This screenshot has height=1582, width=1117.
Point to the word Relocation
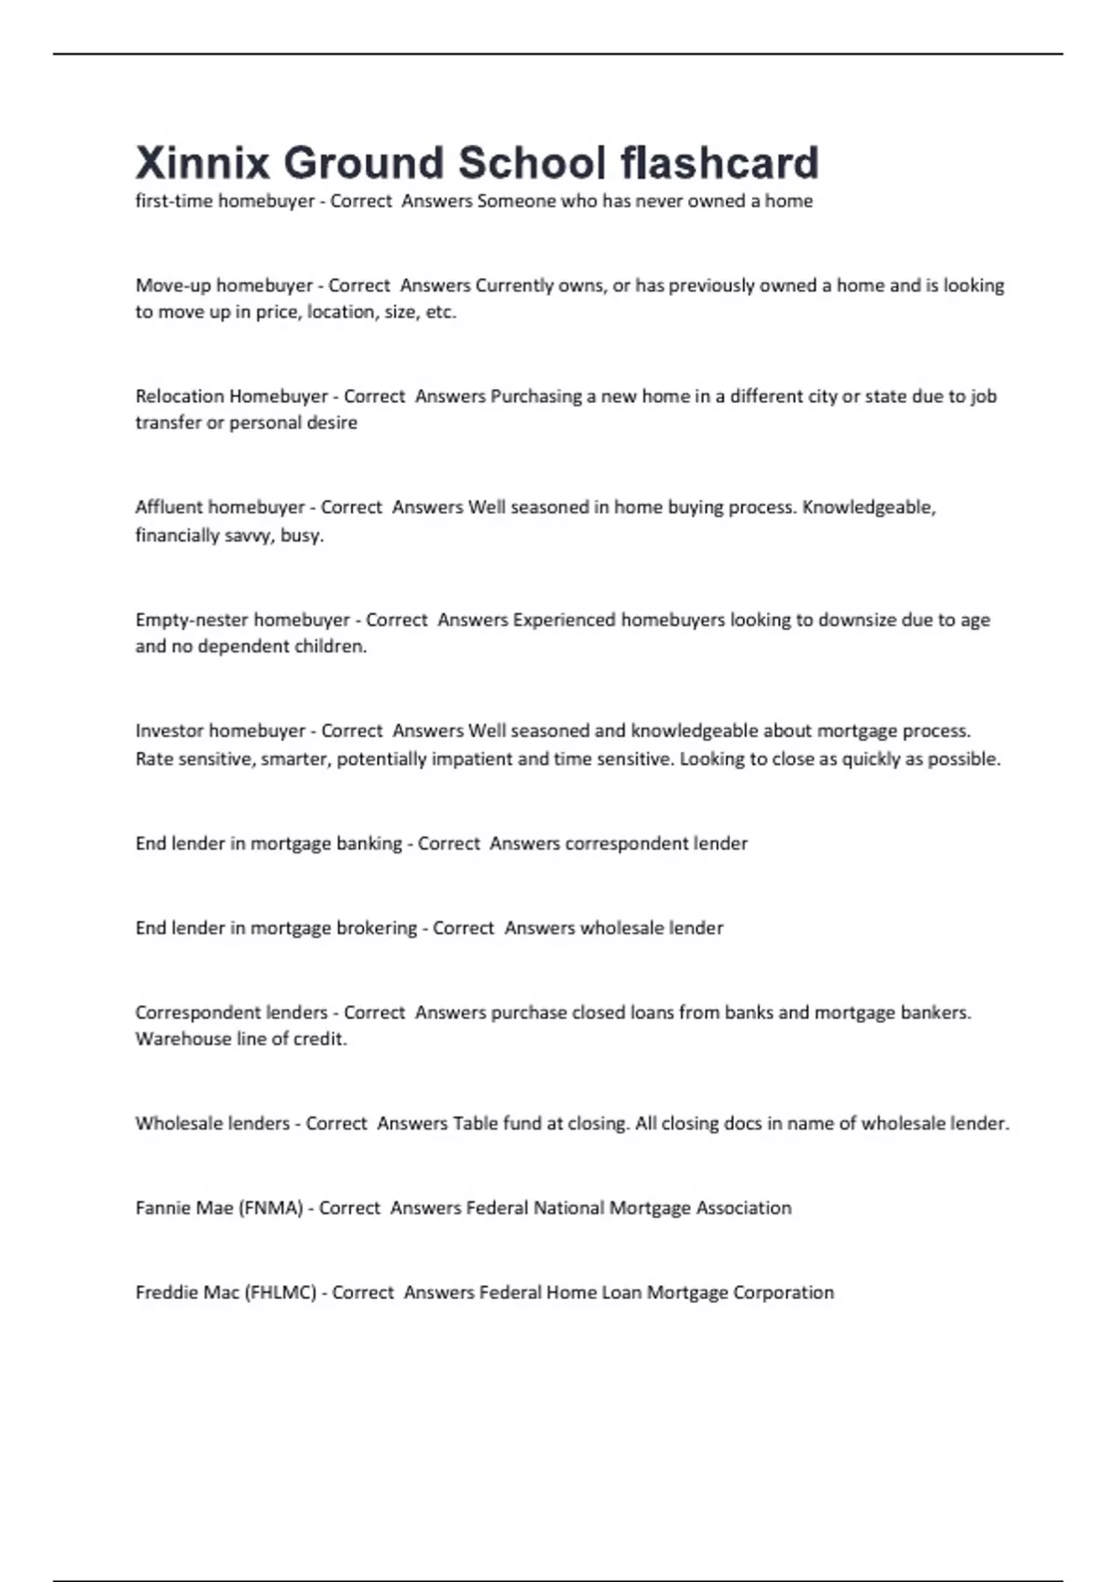(x=180, y=396)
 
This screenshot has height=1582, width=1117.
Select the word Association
(x=744, y=1208)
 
